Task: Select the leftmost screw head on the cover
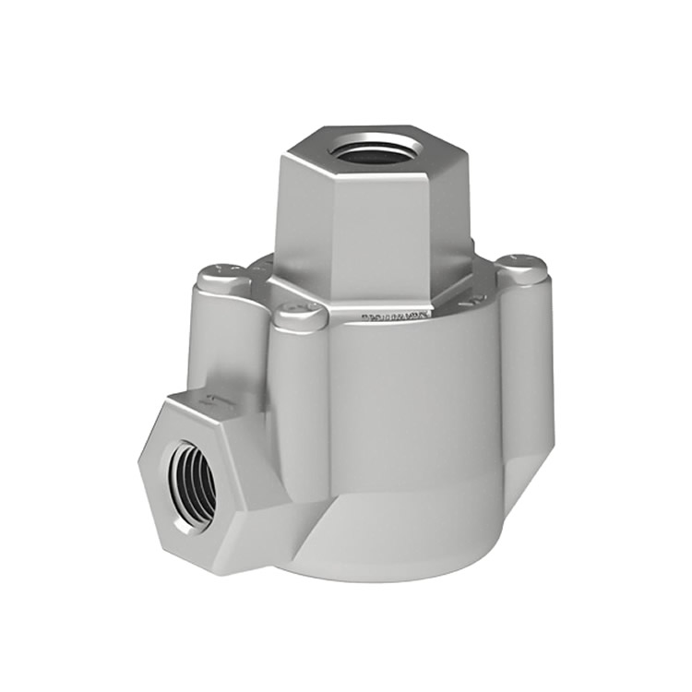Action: [x=222, y=276]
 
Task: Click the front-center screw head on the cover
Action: [x=300, y=316]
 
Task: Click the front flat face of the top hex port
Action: [x=378, y=235]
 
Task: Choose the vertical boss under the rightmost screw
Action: [x=526, y=369]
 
